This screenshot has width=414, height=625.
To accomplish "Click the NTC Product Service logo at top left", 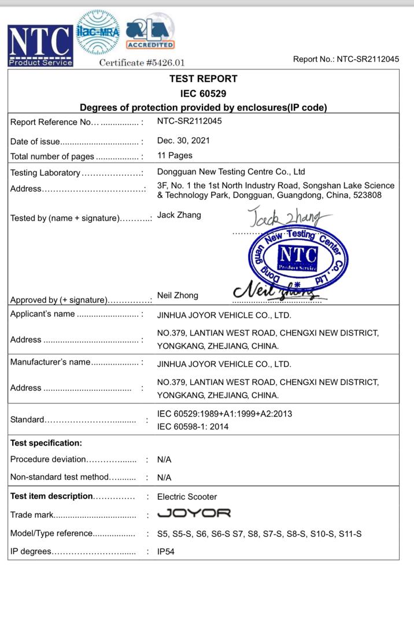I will [x=40, y=45].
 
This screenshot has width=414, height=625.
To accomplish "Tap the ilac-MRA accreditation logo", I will [x=98, y=32].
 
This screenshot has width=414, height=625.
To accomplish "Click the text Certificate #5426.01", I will [x=142, y=62].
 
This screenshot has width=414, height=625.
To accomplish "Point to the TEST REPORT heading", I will [x=203, y=79].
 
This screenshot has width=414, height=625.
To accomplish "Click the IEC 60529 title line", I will [x=203, y=93].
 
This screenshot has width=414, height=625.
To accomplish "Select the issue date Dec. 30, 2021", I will [x=183, y=141].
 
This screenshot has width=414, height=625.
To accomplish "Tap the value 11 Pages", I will [x=175, y=156].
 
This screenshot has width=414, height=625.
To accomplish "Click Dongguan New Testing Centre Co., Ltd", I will [x=231, y=172].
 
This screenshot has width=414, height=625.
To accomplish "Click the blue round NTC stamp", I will [x=298, y=258].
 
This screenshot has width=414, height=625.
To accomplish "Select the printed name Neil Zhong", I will [x=178, y=295].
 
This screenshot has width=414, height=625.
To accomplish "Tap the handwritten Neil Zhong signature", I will [x=278, y=291].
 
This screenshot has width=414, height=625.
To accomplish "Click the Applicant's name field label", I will [x=43, y=314].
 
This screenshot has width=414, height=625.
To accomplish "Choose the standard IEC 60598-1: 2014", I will [x=193, y=427].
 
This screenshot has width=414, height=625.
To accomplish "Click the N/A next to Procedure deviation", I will [x=164, y=459].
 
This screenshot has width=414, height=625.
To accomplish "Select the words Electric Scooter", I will [x=187, y=497].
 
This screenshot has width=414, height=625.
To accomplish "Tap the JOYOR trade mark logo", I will [x=194, y=513].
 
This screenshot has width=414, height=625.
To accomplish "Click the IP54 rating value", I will [x=165, y=552].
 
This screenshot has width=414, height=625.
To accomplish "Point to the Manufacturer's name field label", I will [x=50, y=362].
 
